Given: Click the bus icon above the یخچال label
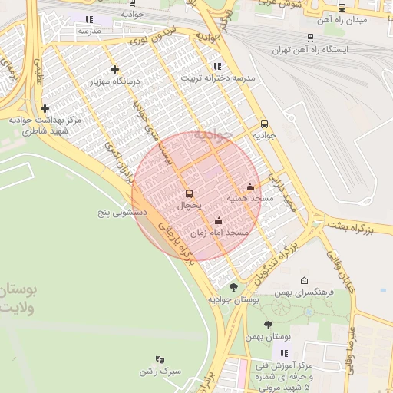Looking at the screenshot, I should tap(190, 193).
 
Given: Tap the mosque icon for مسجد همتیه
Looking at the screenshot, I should tap(249, 187).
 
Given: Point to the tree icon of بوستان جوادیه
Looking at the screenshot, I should tap(233, 287).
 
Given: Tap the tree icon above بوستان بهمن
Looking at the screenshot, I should tap(268, 325).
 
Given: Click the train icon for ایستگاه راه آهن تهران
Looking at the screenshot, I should tap(310, 36).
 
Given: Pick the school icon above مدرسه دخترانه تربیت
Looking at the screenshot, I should tap(217, 66).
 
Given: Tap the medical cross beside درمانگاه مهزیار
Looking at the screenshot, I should tap(114, 69).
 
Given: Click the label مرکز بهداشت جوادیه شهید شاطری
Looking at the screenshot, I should tap(45, 126).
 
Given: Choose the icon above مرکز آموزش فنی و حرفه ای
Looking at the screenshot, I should tap(286, 353).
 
